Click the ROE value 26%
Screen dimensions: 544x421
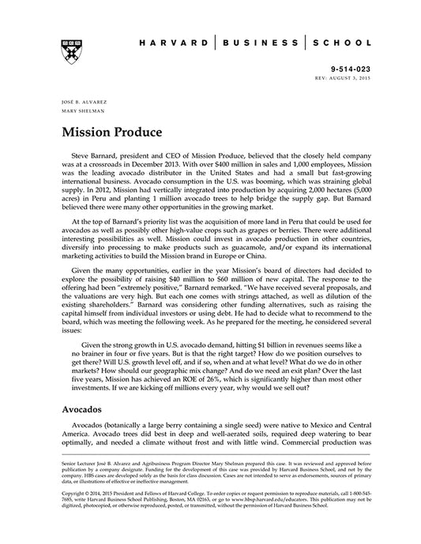tap(227, 367)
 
